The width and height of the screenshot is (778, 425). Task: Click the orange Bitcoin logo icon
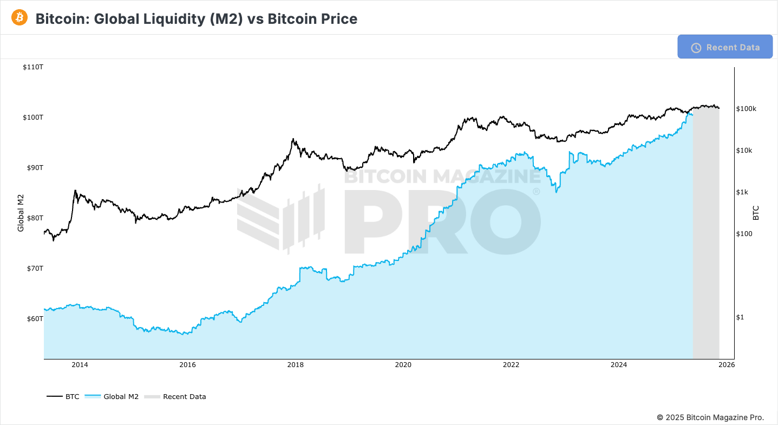click(x=19, y=18)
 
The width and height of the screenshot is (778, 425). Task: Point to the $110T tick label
click(x=33, y=67)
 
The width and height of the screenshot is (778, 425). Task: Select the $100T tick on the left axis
click(x=33, y=117)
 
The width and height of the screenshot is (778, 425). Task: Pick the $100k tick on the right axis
click(x=746, y=109)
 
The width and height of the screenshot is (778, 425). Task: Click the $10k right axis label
click(x=744, y=151)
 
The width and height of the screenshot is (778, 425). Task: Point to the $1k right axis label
click(x=742, y=192)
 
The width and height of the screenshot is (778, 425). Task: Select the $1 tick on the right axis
click(x=740, y=317)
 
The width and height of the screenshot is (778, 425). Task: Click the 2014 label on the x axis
click(x=80, y=365)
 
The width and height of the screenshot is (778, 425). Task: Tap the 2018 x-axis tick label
click(x=295, y=365)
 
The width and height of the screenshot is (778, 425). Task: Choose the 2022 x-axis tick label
click(x=511, y=365)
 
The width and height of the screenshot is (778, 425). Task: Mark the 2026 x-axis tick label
click(x=726, y=365)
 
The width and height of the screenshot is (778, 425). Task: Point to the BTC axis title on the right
click(x=756, y=213)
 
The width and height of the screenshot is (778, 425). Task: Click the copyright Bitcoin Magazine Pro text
click(x=710, y=417)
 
